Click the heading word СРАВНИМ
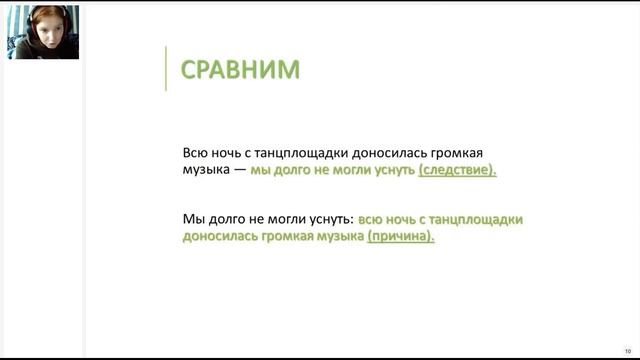click(239, 69)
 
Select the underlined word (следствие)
click(457, 171)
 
